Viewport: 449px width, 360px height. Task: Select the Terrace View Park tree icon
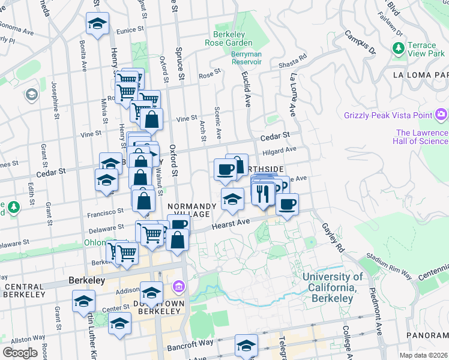(397, 47)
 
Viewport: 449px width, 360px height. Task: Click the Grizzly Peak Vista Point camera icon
(442, 114)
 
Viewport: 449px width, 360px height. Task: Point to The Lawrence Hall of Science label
(421, 137)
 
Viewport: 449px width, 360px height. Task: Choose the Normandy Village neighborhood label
(188, 210)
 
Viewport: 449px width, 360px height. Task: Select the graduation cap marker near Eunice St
(97, 24)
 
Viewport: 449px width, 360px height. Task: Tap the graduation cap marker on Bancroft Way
(246, 346)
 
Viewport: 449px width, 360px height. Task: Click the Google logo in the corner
(20, 353)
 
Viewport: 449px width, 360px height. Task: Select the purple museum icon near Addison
(178, 287)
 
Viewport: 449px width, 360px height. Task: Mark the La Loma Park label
(420, 75)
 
